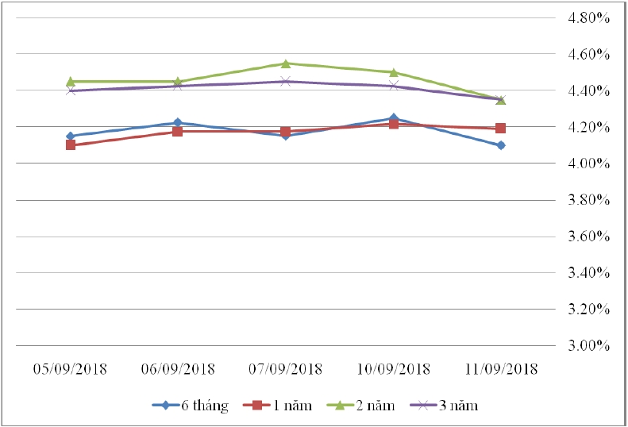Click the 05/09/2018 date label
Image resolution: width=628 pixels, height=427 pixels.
70,370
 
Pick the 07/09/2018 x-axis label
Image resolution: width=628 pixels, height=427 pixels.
285,370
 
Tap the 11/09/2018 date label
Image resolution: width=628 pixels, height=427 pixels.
501,370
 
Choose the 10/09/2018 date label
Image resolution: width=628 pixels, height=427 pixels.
394,370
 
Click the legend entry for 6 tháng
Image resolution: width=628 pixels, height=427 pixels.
191,406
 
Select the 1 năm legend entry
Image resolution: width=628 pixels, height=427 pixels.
280,406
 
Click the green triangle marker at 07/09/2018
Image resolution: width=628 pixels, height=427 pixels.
285,63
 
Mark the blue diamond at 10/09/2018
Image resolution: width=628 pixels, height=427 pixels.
394,118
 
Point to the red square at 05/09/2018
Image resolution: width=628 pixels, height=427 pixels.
71,145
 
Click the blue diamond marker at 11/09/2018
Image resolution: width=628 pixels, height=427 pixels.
501,145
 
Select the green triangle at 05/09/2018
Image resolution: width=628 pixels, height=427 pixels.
71,81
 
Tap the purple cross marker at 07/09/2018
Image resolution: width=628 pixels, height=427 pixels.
285,81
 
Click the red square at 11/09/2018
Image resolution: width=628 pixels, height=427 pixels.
501,128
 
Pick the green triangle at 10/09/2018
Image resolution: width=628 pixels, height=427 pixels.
394,72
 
